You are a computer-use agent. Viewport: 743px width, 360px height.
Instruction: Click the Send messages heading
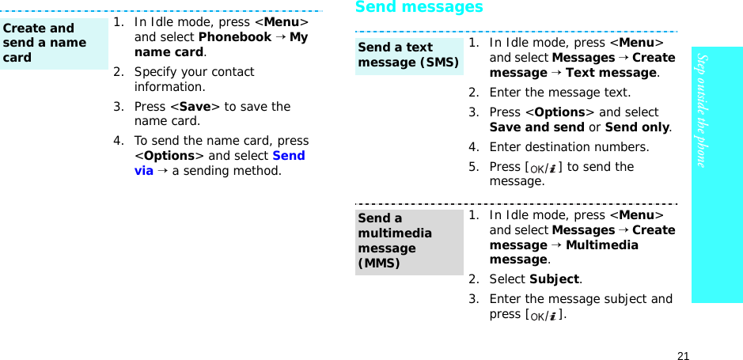[x=419, y=8]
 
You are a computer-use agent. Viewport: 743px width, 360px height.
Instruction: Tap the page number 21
[x=684, y=355]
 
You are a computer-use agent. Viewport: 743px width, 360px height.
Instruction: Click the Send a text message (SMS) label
[x=408, y=55]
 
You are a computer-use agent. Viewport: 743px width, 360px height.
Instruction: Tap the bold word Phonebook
[x=234, y=37]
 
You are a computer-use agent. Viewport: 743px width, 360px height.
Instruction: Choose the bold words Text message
[x=610, y=73]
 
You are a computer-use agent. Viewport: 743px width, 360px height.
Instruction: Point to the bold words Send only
[x=637, y=127]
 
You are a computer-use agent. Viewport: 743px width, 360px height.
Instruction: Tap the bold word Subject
[x=554, y=279]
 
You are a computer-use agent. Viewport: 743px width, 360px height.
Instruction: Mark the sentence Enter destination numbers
[x=569, y=147]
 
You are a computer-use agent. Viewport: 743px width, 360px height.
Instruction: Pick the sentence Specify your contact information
[x=194, y=79]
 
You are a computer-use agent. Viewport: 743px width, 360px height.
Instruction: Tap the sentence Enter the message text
[x=559, y=93]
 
